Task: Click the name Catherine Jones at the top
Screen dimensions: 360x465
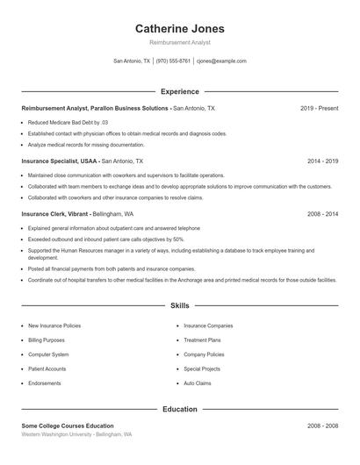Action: (x=180, y=29)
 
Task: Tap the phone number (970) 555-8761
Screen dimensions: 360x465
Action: (x=174, y=61)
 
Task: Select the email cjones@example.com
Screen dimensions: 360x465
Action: (x=221, y=61)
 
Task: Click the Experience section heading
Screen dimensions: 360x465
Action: (x=180, y=91)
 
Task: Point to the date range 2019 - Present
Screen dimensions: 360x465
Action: (x=319, y=108)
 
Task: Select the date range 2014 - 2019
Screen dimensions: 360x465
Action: (x=322, y=161)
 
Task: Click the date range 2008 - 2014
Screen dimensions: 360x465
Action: (x=322, y=213)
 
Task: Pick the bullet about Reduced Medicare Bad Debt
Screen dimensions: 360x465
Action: (x=68, y=122)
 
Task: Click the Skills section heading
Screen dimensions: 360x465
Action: (x=180, y=305)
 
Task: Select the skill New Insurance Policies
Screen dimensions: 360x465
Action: (x=54, y=325)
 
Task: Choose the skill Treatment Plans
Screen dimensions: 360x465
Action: (x=202, y=340)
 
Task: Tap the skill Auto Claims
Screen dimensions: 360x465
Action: (x=198, y=383)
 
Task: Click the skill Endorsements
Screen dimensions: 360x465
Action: (x=45, y=383)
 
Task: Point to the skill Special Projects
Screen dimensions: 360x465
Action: (x=202, y=369)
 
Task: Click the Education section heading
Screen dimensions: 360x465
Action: (x=180, y=409)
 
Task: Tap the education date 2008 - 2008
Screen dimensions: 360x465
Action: (x=322, y=426)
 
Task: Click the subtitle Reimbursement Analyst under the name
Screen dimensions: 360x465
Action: (x=180, y=42)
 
